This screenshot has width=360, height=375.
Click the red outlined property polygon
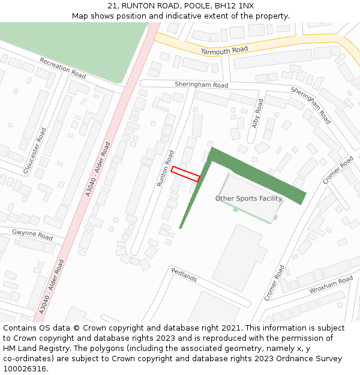[185, 174]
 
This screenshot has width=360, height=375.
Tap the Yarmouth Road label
[224, 51]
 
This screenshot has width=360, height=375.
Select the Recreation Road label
[62, 68]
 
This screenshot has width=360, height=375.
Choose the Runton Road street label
[165, 168]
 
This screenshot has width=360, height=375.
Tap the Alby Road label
[258, 113]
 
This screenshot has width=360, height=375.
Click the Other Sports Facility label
[248, 199]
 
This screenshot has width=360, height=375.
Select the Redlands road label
[184, 275]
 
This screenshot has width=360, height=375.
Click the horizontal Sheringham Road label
[202, 85]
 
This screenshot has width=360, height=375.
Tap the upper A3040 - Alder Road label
[98, 169]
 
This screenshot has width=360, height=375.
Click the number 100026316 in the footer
[25, 368]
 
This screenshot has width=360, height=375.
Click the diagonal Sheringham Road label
[311, 105]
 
